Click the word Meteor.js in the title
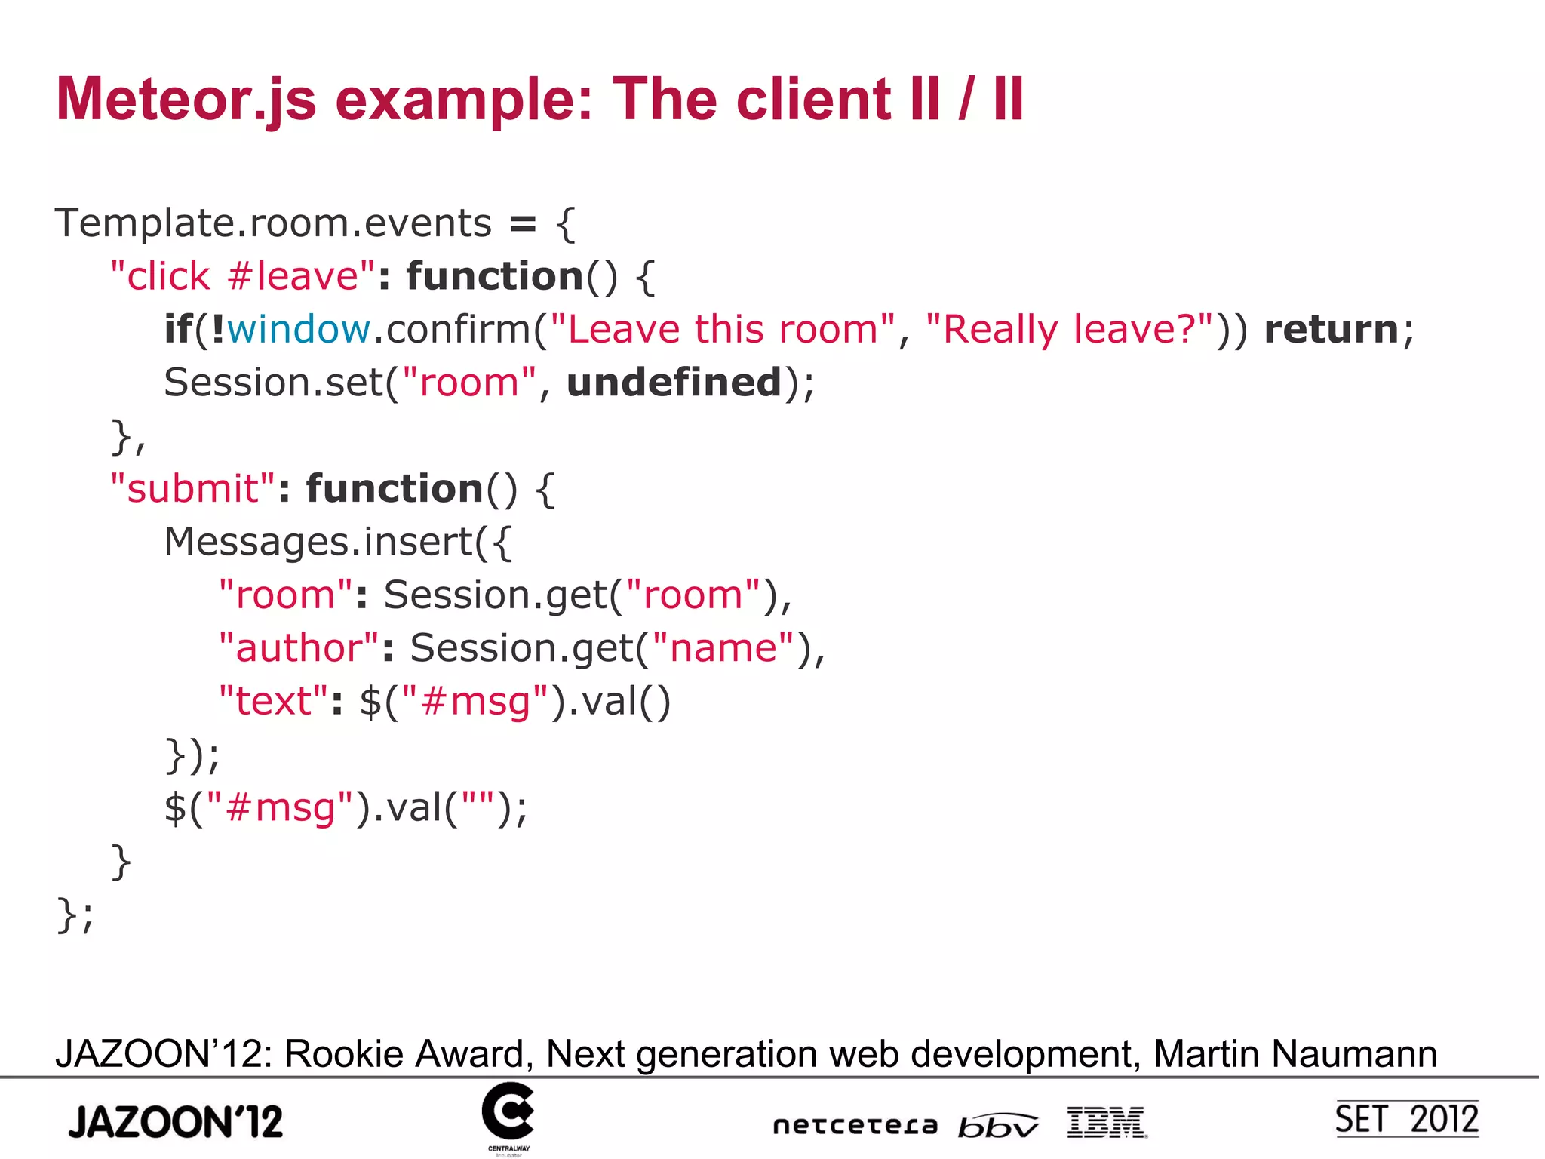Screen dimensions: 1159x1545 (x=186, y=100)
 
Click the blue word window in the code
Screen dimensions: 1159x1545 (x=299, y=330)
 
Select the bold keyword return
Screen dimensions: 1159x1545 (x=1331, y=330)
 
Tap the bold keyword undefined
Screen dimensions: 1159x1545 (x=674, y=383)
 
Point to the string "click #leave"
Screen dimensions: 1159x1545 (x=242, y=276)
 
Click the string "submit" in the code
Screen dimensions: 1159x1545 (x=192, y=489)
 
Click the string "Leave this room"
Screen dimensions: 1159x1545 (x=723, y=330)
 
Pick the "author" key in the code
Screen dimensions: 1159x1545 (x=299, y=648)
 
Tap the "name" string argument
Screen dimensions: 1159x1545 (x=723, y=648)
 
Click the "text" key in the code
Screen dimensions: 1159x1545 (x=273, y=702)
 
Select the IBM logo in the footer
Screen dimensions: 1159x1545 (x=1107, y=1122)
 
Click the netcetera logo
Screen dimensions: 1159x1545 (x=855, y=1125)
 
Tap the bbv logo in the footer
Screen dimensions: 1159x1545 (x=997, y=1125)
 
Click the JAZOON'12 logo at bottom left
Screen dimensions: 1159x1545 (x=176, y=1121)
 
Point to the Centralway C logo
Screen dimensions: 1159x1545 (x=508, y=1112)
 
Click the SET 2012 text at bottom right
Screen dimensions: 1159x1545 (x=1406, y=1119)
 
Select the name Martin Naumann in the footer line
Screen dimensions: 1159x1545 (x=1295, y=1053)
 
